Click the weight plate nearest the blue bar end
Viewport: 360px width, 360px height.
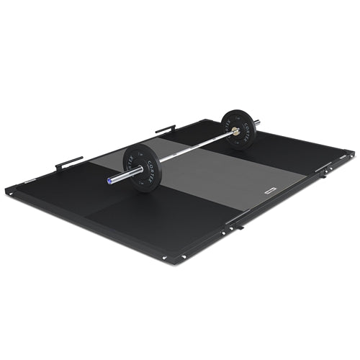tap(142, 167)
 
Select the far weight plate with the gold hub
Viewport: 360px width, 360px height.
tap(238, 129)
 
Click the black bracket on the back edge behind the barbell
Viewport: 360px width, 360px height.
tap(164, 130)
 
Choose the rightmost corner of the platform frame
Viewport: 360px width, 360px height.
tap(351, 153)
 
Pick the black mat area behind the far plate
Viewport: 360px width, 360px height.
tap(288, 144)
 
